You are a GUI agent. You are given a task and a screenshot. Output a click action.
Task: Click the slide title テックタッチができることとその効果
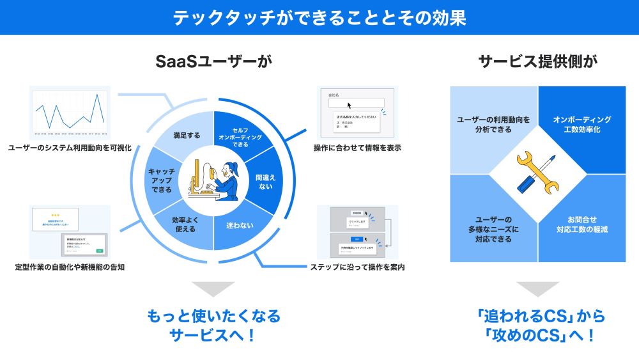pyautogui.click(x=319, y=17)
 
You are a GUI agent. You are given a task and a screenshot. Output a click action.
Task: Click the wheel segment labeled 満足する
pyautogui.click(x=187, y=136)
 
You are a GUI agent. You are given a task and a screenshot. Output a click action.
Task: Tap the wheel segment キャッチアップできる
pyautogui.click(x=161, y=181)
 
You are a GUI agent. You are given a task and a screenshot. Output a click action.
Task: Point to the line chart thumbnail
pyautogui.click(x=70, y=113)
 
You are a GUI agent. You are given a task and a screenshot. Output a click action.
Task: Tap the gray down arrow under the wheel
pyautogui.click(x=213, y=289)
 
